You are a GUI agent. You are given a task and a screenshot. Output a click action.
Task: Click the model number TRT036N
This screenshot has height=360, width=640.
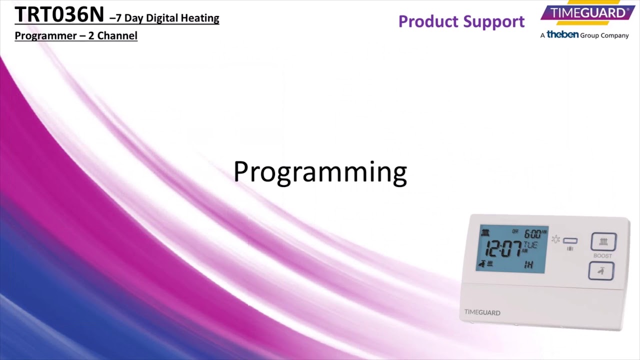pyautogui.click(x=59, y=15)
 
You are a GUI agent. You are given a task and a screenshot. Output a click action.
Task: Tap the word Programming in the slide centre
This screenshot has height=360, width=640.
pyautogui.click(x=320, y=172)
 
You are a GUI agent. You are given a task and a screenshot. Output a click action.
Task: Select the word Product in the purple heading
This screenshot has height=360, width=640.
pyautogui.click(x=427, y=21)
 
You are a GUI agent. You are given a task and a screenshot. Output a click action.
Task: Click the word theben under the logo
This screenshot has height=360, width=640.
pyautogui.click(x=562, y=34)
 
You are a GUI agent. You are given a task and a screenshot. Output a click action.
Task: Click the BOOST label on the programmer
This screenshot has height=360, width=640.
pyautogui.click(x=602, y=256)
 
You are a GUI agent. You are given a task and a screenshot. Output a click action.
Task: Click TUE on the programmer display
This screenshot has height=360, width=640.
pyautogui.click(x=530, y=245)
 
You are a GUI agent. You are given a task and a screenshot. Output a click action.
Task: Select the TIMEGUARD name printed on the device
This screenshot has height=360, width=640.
pyautogui.click(x=482, y=312)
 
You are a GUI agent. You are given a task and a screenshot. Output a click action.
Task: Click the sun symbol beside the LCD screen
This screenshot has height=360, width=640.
pyautogui.click(x=555, y=239)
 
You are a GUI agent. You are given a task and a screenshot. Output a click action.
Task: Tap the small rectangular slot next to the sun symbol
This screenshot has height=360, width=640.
pyautogui.click(x=570, y=241)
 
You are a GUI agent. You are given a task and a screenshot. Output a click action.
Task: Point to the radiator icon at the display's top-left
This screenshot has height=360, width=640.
pyautogui.click(x=485, y=233)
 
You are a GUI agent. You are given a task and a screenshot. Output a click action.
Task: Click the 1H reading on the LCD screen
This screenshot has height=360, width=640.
pyautogui.click(x=528, y=264)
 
